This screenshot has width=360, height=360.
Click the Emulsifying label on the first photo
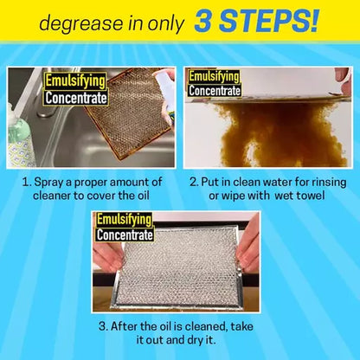74,81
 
